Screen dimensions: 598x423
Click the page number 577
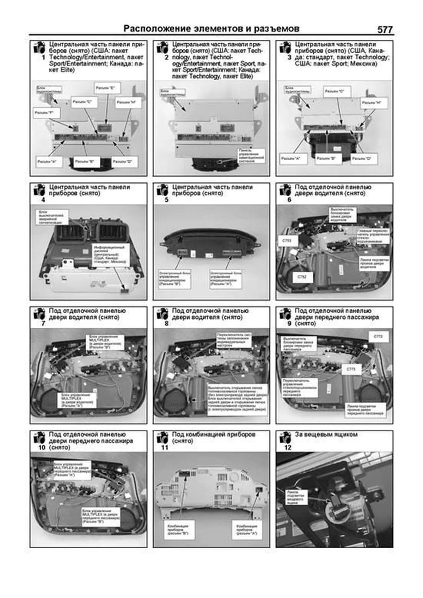(385, 30)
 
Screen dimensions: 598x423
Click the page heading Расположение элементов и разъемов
(211, 29)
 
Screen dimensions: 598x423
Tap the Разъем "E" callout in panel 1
(107, 88)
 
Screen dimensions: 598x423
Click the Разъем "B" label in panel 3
(326, 159)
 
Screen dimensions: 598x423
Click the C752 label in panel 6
(302, 277)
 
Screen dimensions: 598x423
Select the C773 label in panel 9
(351, 369)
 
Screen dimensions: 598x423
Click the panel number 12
(288, 448)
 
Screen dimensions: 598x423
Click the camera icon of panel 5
(163, 190)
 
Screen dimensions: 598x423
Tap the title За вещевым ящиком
(326, 434)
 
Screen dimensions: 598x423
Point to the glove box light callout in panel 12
(295, 497)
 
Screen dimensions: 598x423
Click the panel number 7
(43, 323)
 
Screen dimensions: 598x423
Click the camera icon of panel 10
(39, 438)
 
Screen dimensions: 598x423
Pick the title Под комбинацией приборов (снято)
(213, 438)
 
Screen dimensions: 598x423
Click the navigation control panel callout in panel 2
(251, 155)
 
